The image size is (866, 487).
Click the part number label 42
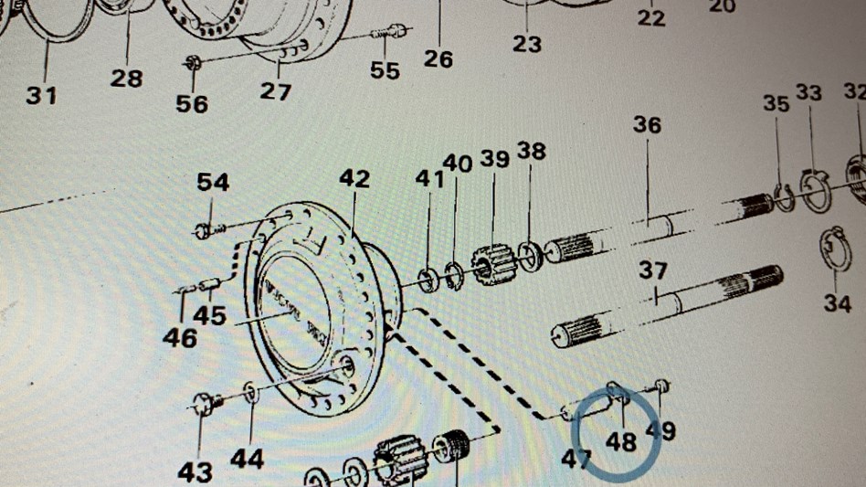354,178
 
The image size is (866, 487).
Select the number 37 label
653,271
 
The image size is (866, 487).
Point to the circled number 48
621,442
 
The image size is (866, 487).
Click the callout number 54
213,182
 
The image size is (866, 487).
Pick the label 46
180,338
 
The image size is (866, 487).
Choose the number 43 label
195,471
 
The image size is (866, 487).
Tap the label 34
837,303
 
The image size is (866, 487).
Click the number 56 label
192,104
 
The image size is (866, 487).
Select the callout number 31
41,94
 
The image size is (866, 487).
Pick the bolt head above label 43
205,403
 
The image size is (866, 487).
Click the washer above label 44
251,393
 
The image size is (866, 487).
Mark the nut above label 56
193,63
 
